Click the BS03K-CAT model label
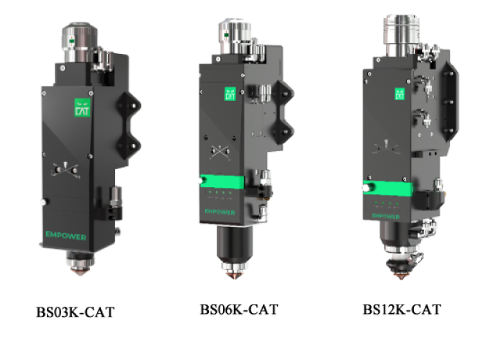75,312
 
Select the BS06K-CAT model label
239,310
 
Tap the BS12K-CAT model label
402,310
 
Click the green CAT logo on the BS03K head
82,107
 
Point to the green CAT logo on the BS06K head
230,94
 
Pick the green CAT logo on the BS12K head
400,94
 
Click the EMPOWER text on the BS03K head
66,236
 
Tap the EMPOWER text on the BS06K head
220,212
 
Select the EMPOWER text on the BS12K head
386,216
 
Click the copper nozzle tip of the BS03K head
81,272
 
